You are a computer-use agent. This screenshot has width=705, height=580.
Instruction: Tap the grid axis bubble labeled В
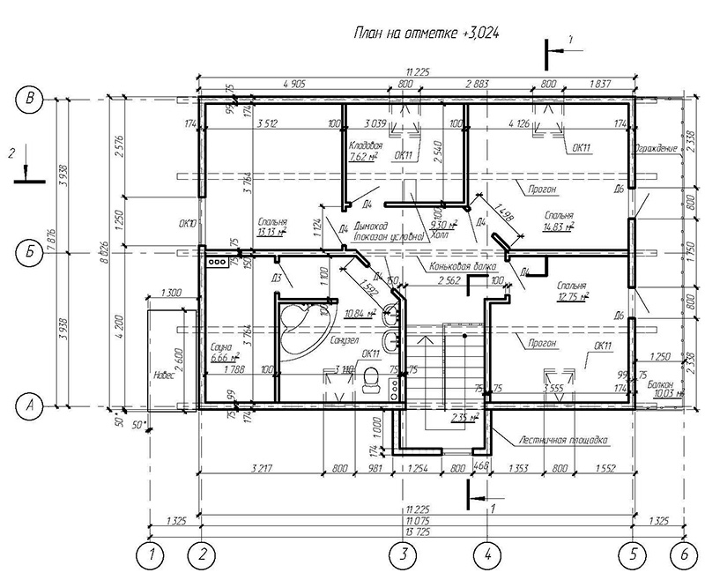tap(33, 100)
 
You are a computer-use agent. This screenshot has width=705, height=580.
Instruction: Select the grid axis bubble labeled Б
tap(33, 252)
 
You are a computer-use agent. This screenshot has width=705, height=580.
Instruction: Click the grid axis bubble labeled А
tap(33, 405)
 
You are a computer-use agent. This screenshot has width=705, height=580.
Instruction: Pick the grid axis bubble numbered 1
tap(152, 555)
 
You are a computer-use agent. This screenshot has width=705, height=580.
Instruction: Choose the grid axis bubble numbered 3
tap(403, 555)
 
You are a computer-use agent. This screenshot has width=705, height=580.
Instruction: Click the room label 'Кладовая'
tap(364, 145)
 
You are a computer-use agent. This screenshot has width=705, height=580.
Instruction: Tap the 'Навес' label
tap(163, 374)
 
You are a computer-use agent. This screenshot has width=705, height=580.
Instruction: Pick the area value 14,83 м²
tap(560, 226)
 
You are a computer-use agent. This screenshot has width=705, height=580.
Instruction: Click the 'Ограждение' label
tap(656, 148)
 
